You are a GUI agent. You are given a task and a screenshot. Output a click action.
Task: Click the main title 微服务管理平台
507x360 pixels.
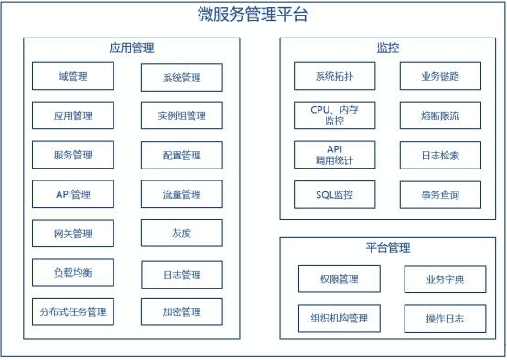coord(253,15)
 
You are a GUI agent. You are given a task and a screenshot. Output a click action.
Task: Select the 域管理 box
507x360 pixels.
coord(73,76)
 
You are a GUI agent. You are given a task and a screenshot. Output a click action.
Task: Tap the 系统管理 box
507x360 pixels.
coord(181,77)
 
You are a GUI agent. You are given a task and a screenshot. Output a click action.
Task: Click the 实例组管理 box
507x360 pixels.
coord(181,116)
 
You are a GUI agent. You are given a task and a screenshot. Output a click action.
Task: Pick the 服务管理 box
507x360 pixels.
coord(73,155)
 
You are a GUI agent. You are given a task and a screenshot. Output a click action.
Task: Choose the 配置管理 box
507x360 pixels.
coord(181,156)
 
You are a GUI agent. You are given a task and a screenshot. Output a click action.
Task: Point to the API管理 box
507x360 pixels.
coord(73,194)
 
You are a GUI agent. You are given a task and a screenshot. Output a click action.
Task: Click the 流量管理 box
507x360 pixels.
coord(181,194)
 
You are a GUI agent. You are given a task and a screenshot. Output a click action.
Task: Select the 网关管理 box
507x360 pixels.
coord(73,234)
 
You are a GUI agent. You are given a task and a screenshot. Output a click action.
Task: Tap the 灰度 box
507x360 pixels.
coord(181,233)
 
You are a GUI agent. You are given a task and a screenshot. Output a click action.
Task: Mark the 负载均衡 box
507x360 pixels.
coord(73,272)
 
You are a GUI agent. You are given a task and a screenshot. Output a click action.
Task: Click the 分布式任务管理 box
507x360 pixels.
coord(73,311)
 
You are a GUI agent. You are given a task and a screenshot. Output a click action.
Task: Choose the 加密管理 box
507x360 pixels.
coord(181,311)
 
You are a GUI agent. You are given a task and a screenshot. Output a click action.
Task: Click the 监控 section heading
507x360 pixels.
coord(388,48)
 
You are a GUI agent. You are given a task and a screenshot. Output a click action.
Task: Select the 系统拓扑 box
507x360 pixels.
coord(335,76)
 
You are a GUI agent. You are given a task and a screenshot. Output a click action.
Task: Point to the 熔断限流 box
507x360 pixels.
coord(441,115)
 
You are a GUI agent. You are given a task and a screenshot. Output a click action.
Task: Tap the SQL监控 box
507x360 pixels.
coord(335,194)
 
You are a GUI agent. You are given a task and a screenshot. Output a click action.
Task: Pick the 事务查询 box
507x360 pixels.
coord(441,194)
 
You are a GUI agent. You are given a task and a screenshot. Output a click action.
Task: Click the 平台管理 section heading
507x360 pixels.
coord(388,247)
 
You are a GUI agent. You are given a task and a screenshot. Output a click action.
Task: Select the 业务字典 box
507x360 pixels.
coord(446,278)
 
